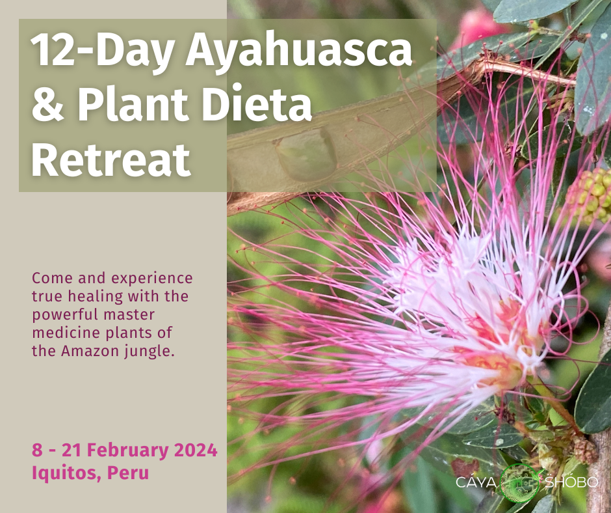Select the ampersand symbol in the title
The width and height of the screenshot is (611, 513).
[x=48, y=104]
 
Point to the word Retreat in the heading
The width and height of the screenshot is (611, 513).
[x=110, y=159]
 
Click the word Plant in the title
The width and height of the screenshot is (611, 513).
[x=133, y=104]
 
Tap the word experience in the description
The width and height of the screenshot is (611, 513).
[x=152, y=279]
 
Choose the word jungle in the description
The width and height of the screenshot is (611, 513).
[x=149, y=352]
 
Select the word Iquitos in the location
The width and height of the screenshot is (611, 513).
[x=67, y=473]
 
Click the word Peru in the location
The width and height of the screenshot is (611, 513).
[x=128, y=473]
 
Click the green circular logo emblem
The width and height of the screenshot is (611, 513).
[x=520, y=482]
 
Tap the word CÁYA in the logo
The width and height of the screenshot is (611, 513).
[x=476, y=482]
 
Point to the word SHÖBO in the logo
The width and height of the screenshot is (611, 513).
[x=571, y=481]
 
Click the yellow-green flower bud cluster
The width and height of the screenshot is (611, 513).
[x=590, y=195]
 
